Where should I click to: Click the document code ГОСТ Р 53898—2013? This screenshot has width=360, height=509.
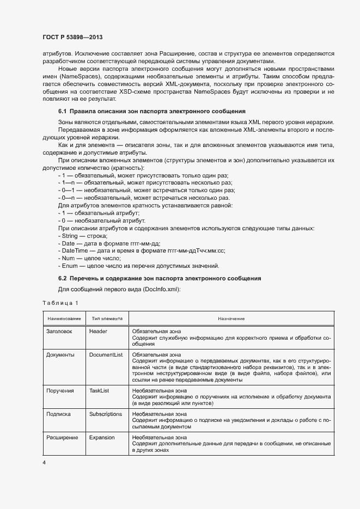(x=72, y=37)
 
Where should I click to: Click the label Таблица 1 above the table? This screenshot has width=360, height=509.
(x=60, y=302)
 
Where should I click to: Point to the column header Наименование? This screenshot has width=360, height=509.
(x=64, y=318)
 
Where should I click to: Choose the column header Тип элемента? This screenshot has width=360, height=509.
(x=107, y=318)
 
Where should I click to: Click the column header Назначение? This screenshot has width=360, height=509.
(x=231, y=318)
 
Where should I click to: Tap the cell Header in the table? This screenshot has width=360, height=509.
(x=97, y=331)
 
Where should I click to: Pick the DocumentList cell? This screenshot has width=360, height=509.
(x=106, y=354)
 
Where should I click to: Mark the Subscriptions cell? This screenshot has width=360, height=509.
(x=106, y=414)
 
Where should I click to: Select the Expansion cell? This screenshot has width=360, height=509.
(x=102, y=437)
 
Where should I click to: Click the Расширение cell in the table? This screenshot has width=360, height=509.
(x=63, y=437)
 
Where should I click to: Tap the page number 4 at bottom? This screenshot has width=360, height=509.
(x=44, y=463)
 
